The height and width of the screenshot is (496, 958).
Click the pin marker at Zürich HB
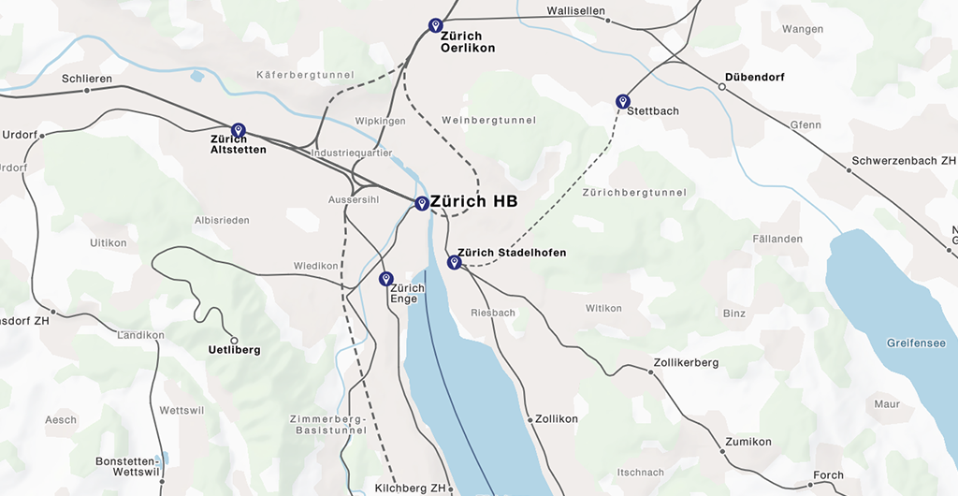[422, 203]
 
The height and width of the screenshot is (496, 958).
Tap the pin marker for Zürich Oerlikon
[435, 25]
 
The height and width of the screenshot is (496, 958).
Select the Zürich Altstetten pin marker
[238, 130]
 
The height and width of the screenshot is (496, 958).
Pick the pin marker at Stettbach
[622, 101]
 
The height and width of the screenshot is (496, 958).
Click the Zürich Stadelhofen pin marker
[454, 262]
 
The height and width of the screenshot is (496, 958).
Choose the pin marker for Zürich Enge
[385, 279]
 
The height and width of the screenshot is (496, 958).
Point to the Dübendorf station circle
[721, 87]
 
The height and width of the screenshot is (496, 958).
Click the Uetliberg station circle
[234, 340]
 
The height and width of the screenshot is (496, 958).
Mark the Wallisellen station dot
[609, 20]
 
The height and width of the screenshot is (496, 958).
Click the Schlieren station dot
[87, 91]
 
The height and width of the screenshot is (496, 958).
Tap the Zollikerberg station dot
[650, 372]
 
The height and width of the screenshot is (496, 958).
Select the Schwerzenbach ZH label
[903, 161]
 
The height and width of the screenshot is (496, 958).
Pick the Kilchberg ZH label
[411, 489]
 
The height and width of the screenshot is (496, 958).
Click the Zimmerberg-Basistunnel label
[323, 424]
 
